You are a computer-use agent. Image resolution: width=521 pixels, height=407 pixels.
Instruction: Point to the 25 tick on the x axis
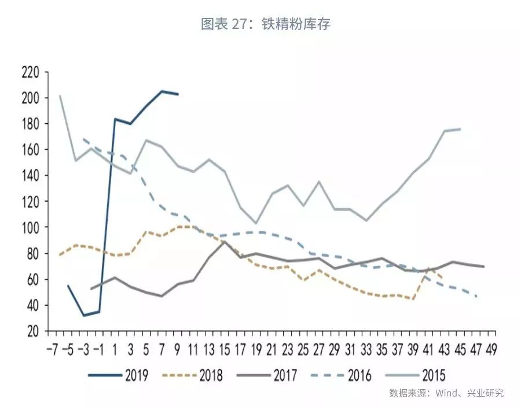[x=303, y=350]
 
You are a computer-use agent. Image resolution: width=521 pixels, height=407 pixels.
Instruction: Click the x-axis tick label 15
[x=225, y=350]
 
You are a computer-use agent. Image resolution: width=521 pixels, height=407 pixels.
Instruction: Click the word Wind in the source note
[x=447, y=394]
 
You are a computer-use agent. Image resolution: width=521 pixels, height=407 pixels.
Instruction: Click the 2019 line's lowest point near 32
[x=84, y=315]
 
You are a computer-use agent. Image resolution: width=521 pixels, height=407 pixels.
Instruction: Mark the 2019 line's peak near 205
[x=162, y=91]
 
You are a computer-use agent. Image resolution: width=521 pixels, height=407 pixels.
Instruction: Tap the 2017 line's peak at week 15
[x=225, y=242]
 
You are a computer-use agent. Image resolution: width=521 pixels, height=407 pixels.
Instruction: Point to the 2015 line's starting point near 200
[x=60, y=96]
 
